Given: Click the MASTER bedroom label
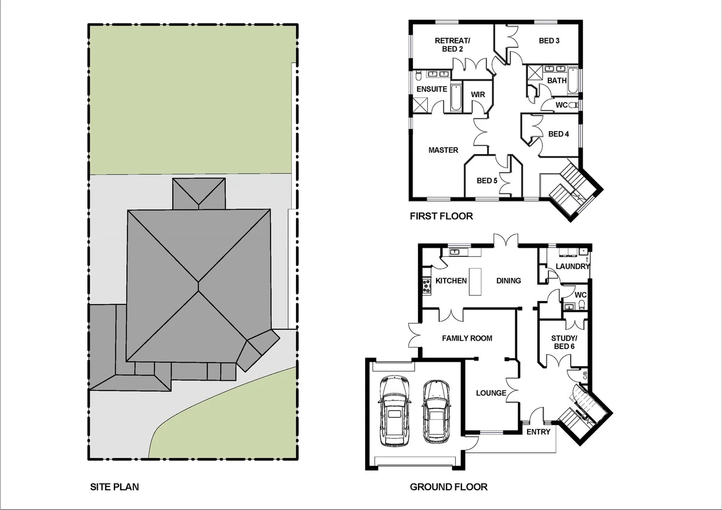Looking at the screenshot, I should click(443, 150).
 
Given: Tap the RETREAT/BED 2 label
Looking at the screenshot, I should click(452, 45).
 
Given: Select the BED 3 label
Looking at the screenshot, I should click(549, 41).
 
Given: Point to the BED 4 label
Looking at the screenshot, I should click(558, 134).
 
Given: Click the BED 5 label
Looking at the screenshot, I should click(486, 181).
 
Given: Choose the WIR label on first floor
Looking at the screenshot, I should click(478, 95).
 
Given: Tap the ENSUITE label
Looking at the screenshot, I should click(432, 89).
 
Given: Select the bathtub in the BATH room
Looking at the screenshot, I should click(572, 81).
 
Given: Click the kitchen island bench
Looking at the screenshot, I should click(475, 281).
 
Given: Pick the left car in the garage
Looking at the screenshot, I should click(393, 410).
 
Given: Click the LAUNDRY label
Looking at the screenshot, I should click(572, 266).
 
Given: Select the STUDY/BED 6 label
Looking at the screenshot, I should click(564, 342).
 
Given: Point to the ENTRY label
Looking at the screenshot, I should click(538, 432).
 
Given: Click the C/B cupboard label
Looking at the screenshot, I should click(585, 375).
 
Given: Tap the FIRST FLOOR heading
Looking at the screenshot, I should click(441, 216).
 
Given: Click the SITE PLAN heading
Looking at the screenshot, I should click(114, 487).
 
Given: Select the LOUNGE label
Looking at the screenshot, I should click(491, 393).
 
